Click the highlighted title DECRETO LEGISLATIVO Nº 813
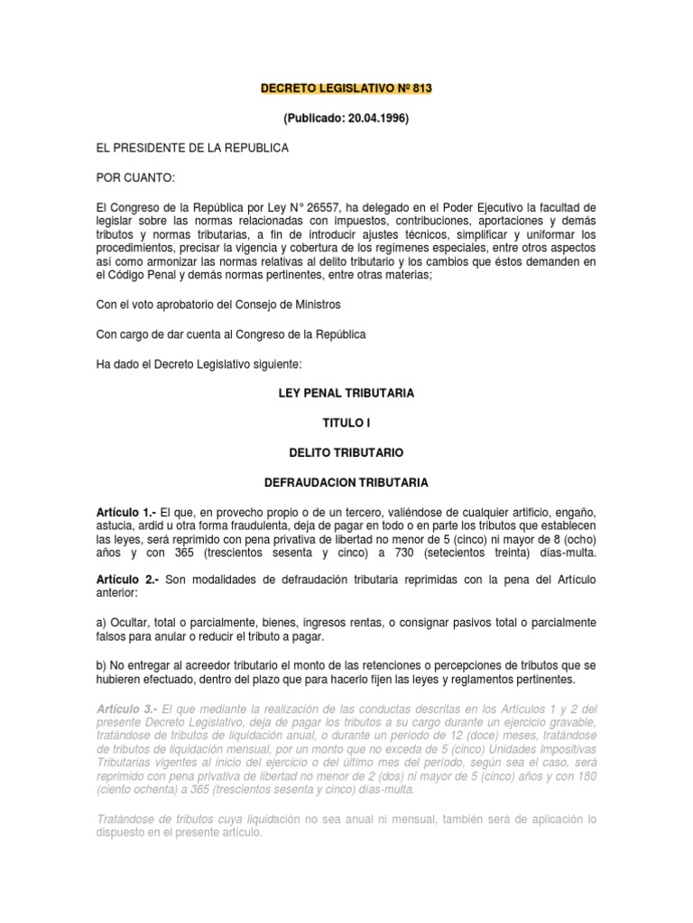346,90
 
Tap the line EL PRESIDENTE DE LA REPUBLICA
192,147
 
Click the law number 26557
311,207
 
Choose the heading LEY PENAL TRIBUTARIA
346,395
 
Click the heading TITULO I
346,422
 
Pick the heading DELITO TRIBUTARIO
346,451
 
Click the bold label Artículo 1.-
126,511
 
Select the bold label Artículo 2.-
126,578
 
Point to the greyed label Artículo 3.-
126,711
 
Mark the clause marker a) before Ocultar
102,623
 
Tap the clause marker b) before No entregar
102,664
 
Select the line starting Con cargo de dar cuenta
231,335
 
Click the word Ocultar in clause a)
130,623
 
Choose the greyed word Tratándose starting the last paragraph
126,819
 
